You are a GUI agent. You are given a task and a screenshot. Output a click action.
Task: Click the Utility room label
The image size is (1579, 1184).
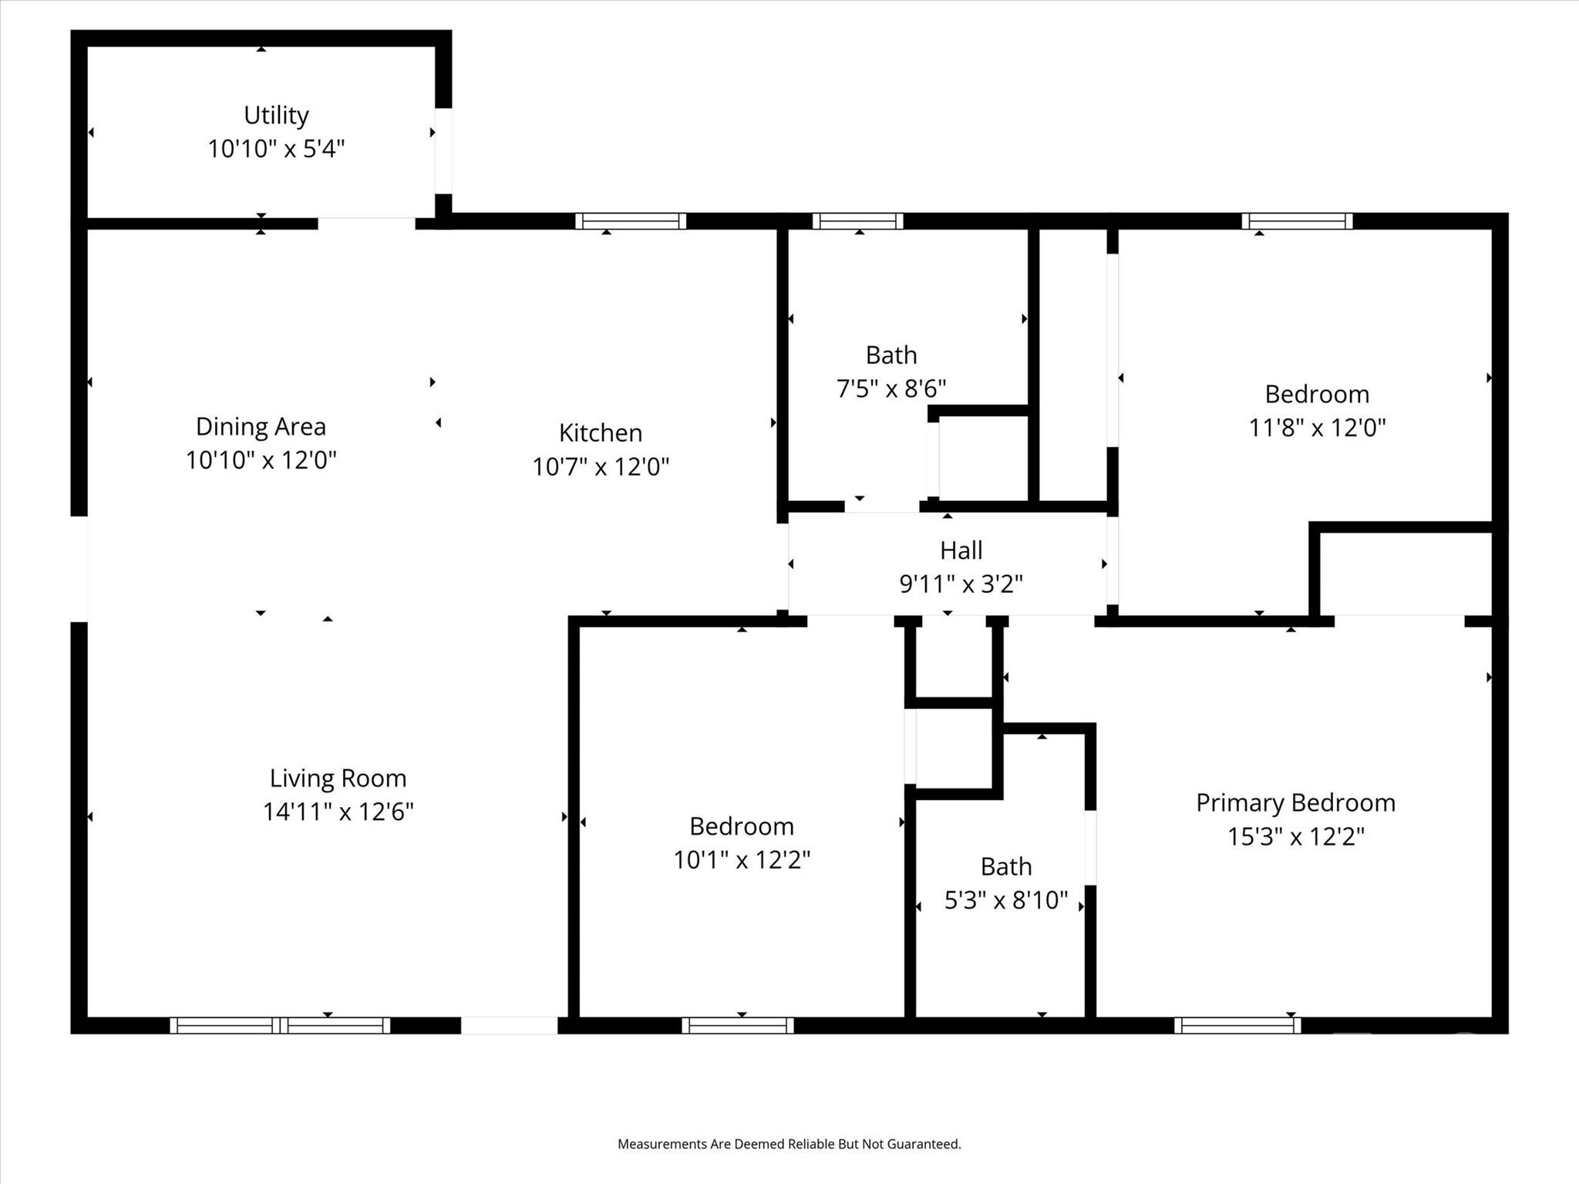[276, 115]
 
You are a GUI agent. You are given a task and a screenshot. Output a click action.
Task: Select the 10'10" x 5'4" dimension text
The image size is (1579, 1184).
[276, 148]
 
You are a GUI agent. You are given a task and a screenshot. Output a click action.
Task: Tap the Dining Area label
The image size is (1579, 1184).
[261, 426]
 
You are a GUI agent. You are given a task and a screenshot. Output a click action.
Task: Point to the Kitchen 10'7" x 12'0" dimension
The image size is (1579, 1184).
[601, 466]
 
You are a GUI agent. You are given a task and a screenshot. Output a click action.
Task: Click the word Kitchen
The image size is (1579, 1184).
[601, 432]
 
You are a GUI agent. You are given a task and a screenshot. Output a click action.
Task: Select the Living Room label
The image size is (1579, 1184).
[338, 778]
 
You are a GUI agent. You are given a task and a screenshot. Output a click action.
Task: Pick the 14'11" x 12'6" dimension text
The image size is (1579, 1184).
[338, 812]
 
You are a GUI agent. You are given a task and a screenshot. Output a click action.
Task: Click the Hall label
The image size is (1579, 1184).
[961, 550]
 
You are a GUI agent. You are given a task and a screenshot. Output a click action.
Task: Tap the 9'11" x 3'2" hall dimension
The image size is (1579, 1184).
[961, 584]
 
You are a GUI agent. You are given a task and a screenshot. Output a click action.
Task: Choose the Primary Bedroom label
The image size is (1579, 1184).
[1295, 802]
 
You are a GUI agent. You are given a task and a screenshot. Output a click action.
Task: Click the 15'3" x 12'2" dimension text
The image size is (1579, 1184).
[1295, 836]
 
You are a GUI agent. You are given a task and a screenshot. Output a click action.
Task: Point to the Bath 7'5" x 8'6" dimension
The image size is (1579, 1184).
[891, 388]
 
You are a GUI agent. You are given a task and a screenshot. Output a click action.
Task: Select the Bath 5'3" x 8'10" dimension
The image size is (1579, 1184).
[1005, 900]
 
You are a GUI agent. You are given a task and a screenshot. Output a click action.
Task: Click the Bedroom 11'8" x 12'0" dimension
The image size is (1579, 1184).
[1317, 427]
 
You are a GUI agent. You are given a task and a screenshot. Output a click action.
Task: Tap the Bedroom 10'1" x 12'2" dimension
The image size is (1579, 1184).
[741, 859]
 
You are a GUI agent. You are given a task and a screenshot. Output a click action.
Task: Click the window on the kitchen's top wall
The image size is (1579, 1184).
[631, 221]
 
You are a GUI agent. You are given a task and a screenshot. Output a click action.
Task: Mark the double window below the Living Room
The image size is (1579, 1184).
[280, 1025]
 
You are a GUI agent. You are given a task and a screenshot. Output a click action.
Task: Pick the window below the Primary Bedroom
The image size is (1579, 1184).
[1237, 1025]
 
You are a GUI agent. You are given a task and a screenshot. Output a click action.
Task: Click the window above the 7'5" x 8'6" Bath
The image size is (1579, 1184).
[857, 221]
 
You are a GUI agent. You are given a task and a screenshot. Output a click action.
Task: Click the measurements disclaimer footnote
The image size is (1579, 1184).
[789, 1144]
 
